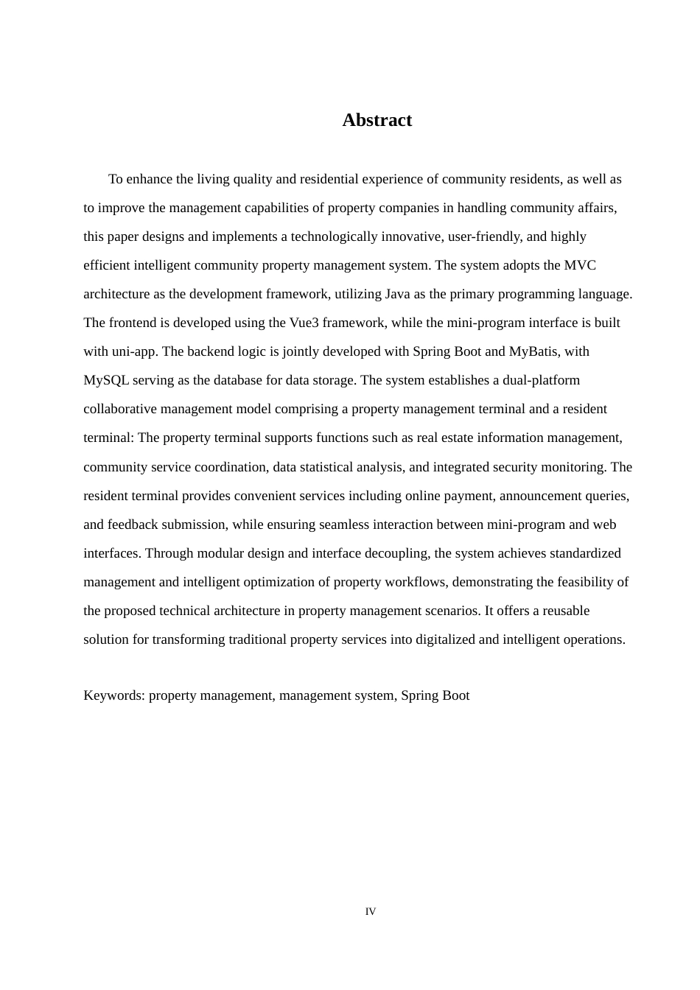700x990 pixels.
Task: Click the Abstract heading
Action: pos(377,120)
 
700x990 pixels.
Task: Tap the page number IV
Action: pos(371,912)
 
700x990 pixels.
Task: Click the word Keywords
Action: pos(113,695)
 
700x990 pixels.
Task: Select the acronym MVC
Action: pos(580,265)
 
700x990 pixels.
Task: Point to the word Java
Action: pos(398,294)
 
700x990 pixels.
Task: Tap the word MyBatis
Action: pos(534,351)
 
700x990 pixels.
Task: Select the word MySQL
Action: pos(106,380)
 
